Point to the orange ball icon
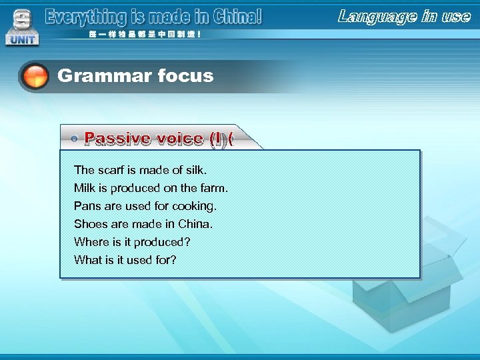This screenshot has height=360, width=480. tap(35, 77)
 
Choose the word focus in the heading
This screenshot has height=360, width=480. tap(185, 76)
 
